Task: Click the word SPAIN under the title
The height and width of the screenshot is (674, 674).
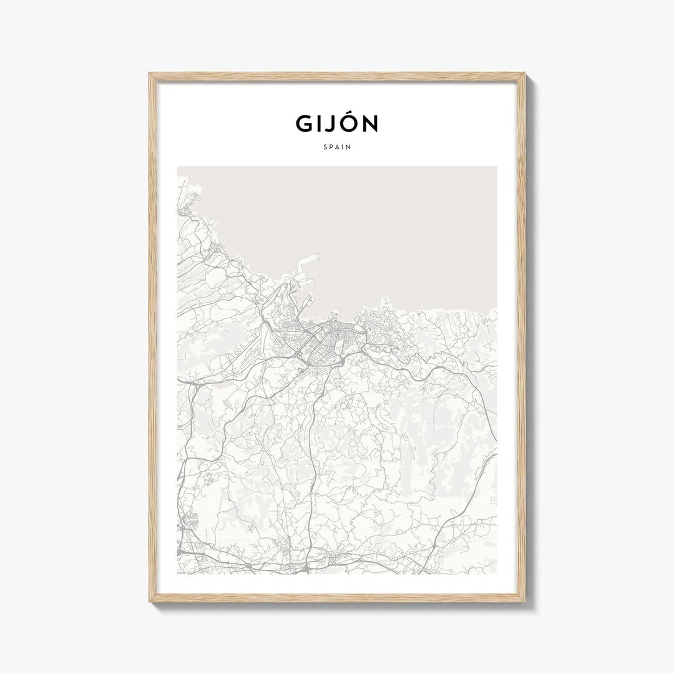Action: [337, 148]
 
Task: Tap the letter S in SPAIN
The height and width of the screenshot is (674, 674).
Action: [325, 148]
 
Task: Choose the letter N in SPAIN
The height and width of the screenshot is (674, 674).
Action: [348, 148]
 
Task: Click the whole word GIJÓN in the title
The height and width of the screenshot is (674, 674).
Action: [337, 124]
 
